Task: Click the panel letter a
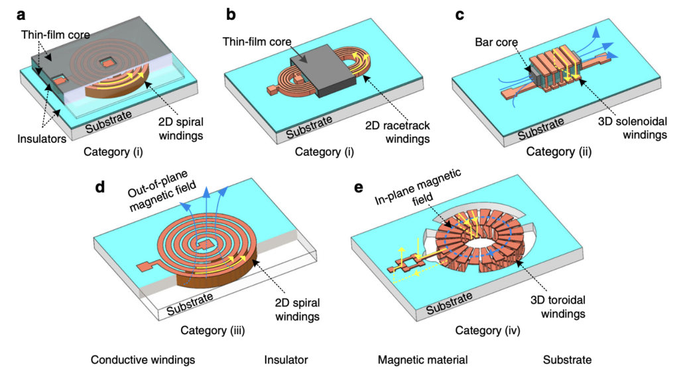coord(21,15)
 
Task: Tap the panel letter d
coord(100,187)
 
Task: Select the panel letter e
coord(359,188)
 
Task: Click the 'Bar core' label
coord(496,42)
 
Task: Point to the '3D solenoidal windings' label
coord(632,128)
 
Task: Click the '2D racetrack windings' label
coord(398,132)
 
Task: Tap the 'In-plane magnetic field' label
coord(418,187)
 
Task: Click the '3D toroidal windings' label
coord(558,306)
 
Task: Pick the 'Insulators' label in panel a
coord(42,139)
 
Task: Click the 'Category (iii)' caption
coord(213,330)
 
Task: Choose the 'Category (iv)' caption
coord(487,330)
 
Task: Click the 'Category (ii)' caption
coord(558,151)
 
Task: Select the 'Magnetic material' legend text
coord(422,360)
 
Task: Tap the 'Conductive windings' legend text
coord(143,360)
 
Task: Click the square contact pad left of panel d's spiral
coord(144,267)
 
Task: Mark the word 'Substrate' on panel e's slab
coord(449,303)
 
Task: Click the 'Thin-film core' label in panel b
coord(257,42)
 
